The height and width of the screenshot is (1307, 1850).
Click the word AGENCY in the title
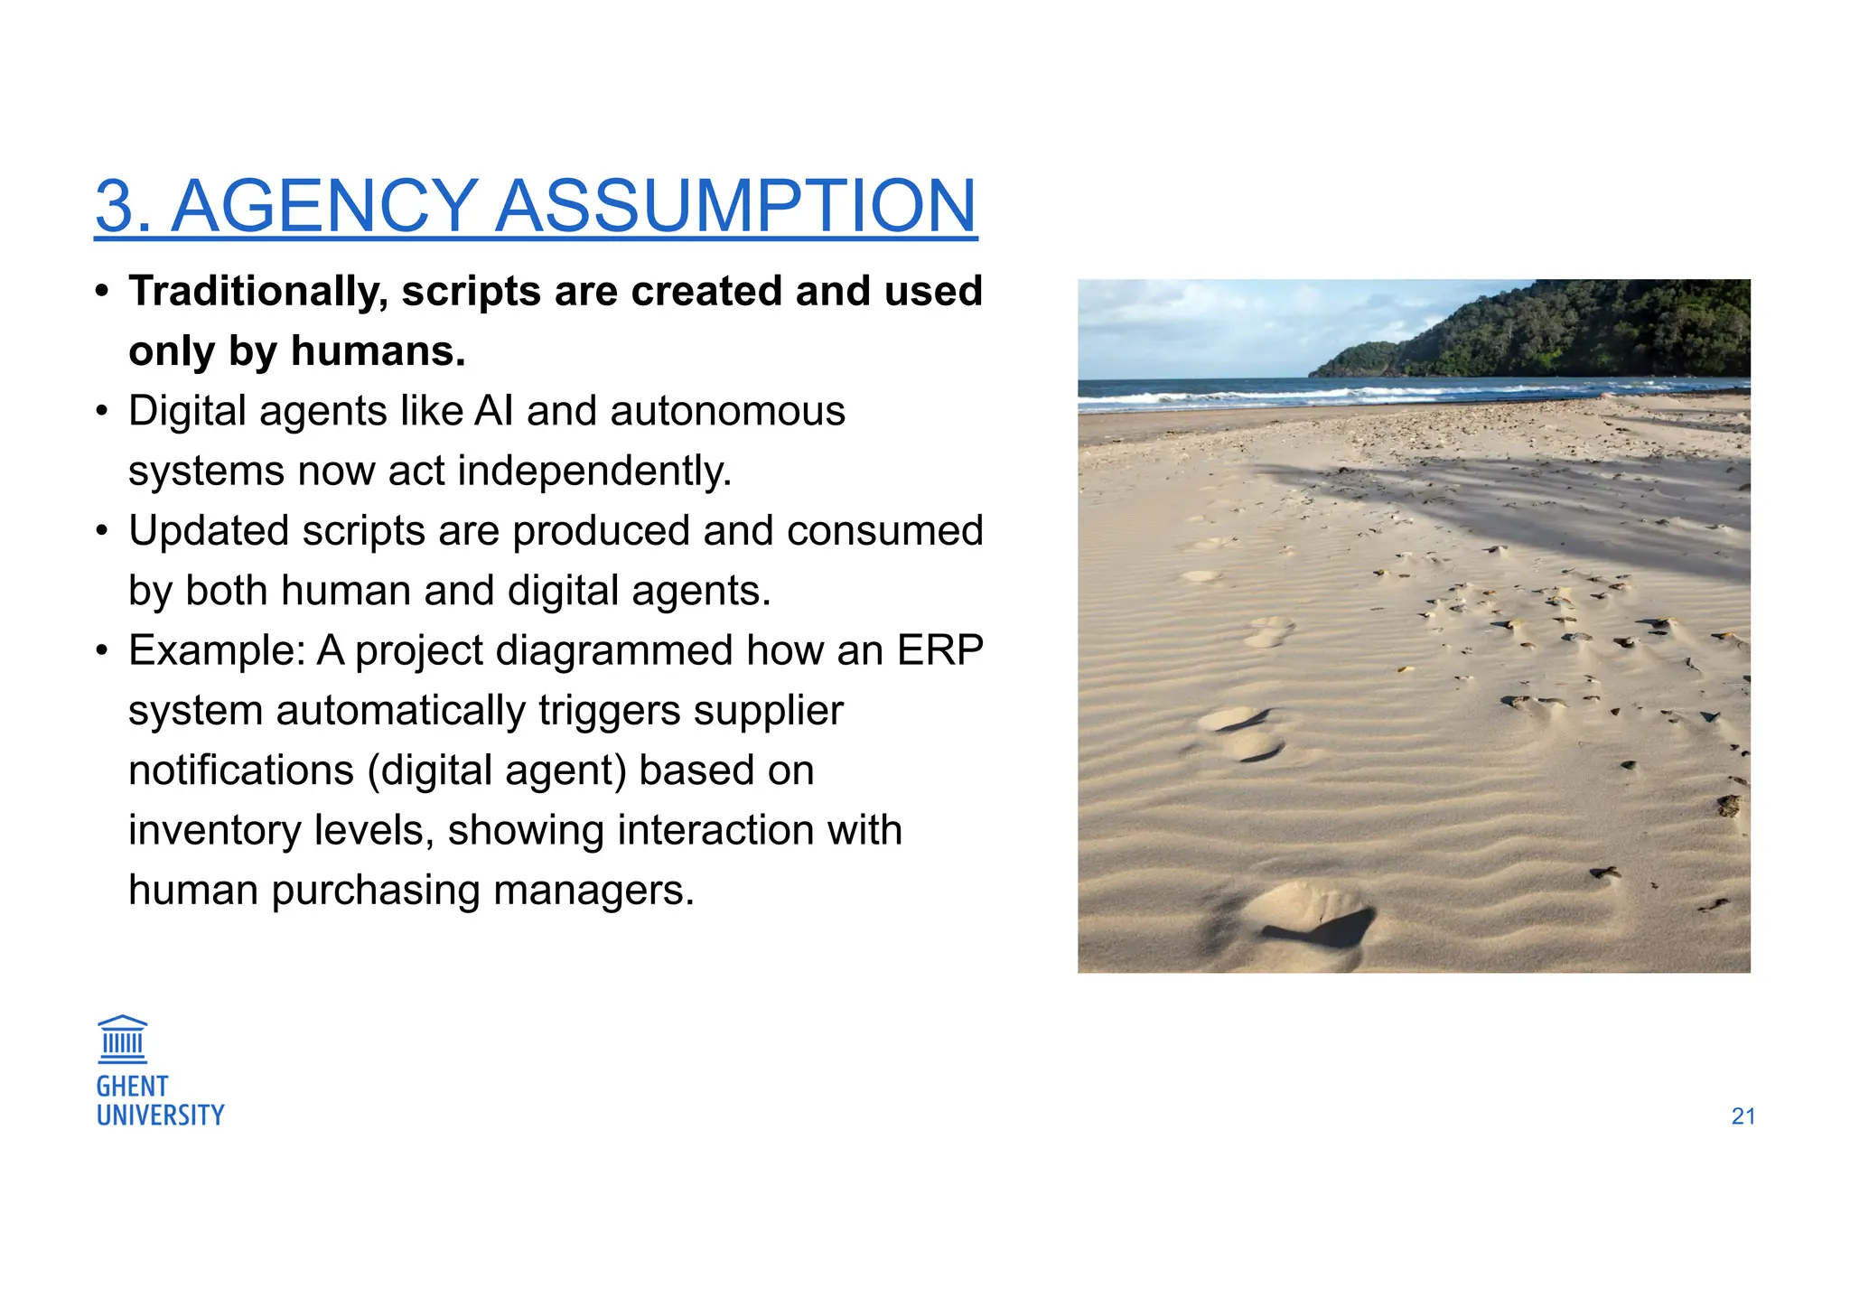(x=324, y=206)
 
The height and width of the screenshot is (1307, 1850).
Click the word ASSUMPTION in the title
(x=736, y=206)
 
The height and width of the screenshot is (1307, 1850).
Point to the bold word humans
(x=378, y=351)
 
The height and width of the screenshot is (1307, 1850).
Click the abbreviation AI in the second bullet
(x=494, y=412)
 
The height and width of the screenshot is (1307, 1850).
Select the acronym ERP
(x=939, y=650)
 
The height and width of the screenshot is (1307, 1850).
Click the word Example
(x=218, y=650)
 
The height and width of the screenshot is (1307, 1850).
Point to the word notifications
(x=241, y=770)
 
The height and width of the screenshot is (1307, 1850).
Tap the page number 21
(x=1743, y=1116)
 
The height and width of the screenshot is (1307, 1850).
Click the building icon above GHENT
(x=122, y=1039)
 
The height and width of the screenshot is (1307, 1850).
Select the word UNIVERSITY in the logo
(x=160, y=1116)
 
